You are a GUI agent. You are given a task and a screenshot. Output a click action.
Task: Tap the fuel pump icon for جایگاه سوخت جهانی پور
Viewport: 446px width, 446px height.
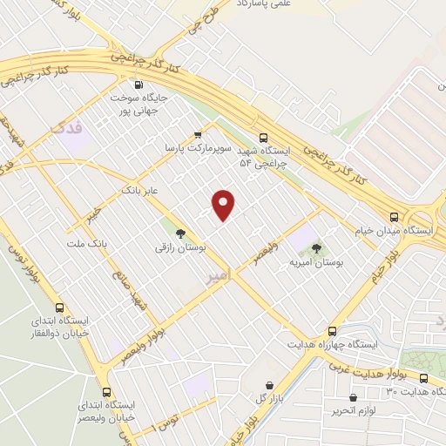(140, 85)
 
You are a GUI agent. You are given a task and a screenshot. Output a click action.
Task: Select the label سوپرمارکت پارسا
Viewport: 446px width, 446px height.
(200, 149)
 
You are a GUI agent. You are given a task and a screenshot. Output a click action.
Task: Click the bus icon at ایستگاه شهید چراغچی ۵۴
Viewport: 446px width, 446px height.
(264, 136)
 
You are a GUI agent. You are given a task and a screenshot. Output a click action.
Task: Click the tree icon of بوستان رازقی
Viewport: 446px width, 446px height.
(180, 233)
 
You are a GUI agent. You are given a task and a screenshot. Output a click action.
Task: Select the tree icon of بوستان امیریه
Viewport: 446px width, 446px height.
(314, 248)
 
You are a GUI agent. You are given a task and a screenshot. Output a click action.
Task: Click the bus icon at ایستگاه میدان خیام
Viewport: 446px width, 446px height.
(394, 217)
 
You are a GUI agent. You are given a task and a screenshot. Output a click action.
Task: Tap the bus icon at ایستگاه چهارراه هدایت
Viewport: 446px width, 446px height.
(331, 331)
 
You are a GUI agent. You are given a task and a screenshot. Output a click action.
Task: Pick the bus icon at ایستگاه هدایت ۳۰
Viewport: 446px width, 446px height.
(423, 378)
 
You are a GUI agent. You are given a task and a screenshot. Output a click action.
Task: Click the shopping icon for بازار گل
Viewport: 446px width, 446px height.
(268, 385)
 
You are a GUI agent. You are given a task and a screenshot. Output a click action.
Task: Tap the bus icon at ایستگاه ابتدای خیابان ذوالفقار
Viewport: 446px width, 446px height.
(59, 307)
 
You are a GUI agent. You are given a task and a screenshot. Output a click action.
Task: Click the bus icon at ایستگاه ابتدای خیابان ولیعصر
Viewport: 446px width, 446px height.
(107, 392)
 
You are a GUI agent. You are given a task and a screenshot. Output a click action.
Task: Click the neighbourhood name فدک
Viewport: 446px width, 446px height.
(68, 128)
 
